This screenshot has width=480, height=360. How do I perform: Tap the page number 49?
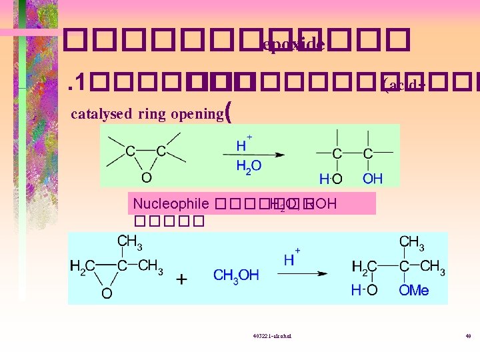tap(468, 336)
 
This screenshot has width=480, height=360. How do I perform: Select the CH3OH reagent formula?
tap(236, 275)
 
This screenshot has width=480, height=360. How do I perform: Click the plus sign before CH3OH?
tap(182, 279)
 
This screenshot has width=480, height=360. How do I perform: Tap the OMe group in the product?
tap(414, 291)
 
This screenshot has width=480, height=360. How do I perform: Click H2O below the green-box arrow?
tap(249, 166)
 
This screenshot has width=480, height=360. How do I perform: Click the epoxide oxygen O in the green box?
tap(146, 177)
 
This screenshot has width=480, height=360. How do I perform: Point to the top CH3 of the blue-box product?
tap(414, 241)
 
